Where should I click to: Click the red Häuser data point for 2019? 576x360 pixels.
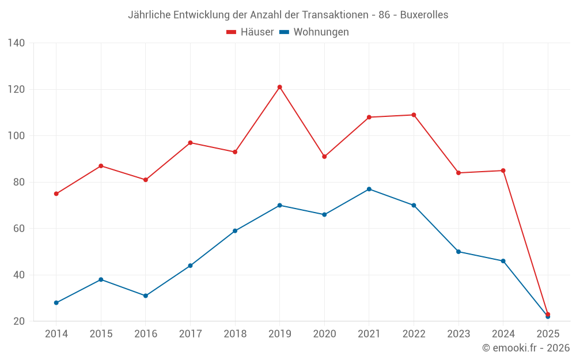point(279,87)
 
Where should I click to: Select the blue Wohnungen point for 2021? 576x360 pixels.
point(369,189)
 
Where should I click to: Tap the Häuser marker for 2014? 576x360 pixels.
point(56,194)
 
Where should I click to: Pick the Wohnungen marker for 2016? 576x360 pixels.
point(146,295)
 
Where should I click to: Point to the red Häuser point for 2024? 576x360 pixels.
point(503,170)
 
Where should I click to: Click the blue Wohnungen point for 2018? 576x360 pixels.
point(235,231)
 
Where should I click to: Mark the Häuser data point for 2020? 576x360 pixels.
point(324,157)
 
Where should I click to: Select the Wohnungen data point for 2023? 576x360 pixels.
point(458,252)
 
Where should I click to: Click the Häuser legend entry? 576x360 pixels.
point(250,32)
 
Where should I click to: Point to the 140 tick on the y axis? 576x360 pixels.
point(16,43)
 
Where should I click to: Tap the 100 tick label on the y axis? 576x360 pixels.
point(16,136)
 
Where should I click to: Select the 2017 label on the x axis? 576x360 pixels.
point(190,334)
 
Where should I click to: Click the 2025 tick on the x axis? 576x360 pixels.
point(548,334)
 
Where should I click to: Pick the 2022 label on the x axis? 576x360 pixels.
point(414,334)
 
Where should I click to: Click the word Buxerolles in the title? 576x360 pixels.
point(424,15)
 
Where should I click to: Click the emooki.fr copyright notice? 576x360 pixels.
point(525,348)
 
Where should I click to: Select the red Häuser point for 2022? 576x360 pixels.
point(414,115)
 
